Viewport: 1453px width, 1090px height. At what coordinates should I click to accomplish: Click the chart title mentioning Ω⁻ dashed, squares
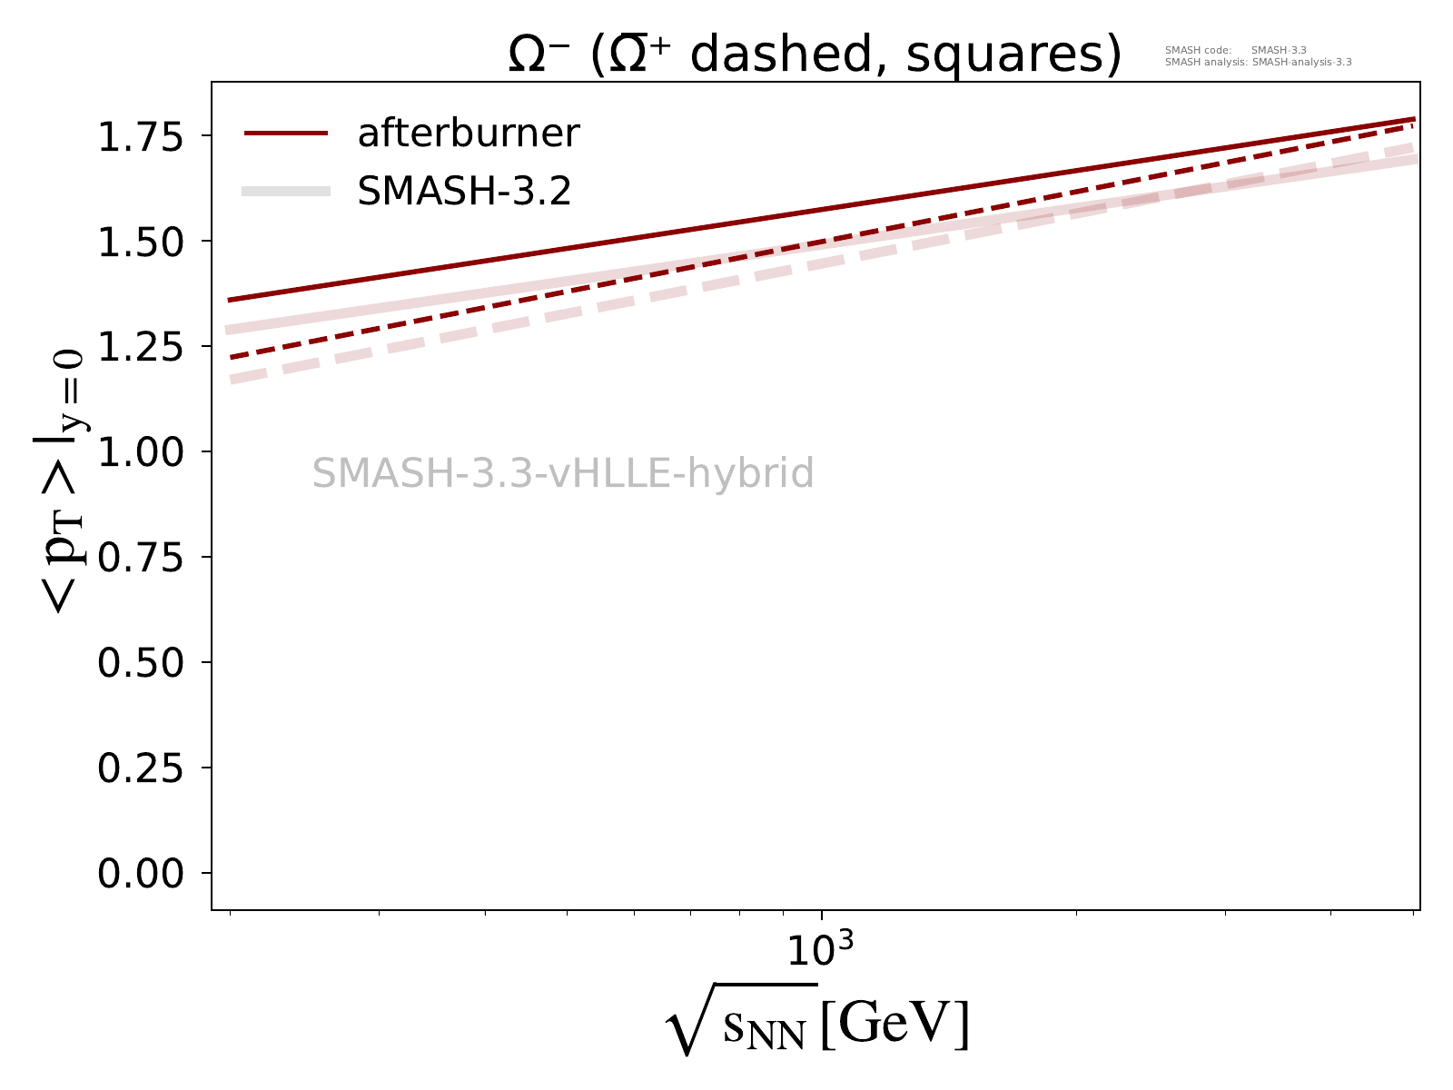tap(815, 56)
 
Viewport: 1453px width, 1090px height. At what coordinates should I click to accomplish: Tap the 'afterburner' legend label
tap(469, 134)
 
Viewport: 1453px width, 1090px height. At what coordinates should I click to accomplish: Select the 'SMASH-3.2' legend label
tap(464, 191)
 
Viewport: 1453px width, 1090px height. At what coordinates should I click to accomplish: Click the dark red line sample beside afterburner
tap(285, 134)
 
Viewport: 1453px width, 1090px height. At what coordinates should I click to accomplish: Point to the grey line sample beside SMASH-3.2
tap(285, 191)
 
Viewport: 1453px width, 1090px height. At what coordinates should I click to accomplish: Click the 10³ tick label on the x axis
tap(820, 949)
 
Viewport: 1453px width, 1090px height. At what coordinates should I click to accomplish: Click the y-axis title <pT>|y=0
tap(59, 481)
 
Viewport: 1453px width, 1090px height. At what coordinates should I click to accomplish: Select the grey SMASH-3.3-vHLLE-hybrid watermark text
tap(563, 474)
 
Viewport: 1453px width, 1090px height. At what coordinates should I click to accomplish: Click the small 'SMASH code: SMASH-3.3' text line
tap(1235, 51)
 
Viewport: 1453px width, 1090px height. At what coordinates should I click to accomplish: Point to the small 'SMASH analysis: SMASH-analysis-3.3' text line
tap(1258, 63)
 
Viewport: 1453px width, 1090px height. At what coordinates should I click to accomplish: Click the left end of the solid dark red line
tap(231, 300)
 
